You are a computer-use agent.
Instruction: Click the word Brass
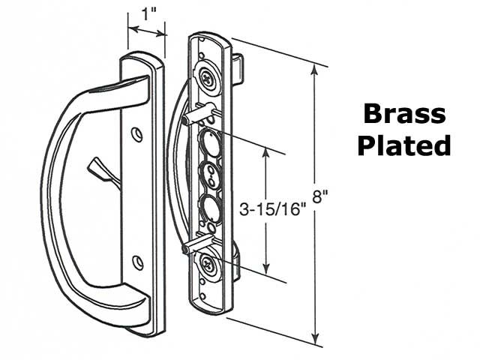(404, 114)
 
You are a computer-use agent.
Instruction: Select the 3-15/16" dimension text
(269, 209)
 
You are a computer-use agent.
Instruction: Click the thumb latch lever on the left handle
(100, 167)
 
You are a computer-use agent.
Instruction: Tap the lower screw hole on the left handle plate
(137, 262)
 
